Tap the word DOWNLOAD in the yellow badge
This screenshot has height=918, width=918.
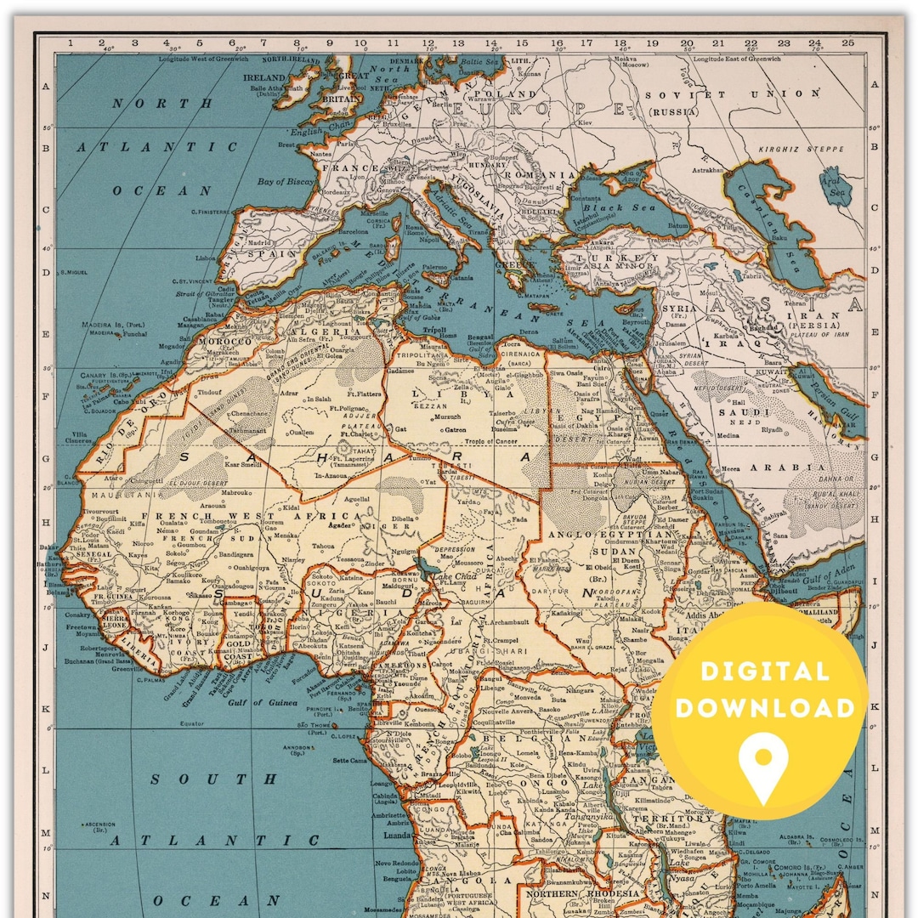pos(764,708)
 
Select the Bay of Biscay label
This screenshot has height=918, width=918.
pos(286,181)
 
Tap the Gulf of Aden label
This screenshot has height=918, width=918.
pos(824,576)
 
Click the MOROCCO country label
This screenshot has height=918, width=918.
pos(224,341)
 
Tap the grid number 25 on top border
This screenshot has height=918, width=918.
pos(847,42)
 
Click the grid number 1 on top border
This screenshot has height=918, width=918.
pos(70,42)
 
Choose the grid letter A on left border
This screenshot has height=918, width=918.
pos(46,85)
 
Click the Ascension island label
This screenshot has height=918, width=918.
pos(101,824)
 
